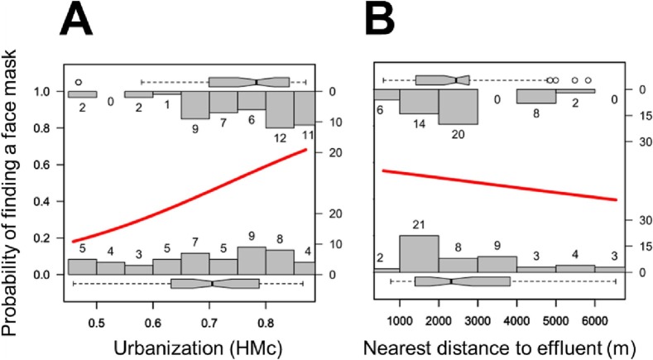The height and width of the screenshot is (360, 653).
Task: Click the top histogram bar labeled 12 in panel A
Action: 280,109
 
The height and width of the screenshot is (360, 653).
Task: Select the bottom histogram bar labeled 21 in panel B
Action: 419,253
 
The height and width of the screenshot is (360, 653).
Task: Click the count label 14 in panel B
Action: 418,123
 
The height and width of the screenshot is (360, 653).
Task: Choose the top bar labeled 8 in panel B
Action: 535,96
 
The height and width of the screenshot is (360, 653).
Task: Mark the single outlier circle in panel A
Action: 79,82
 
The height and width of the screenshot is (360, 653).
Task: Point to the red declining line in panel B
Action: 497,185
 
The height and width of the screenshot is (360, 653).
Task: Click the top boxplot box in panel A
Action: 249,81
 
